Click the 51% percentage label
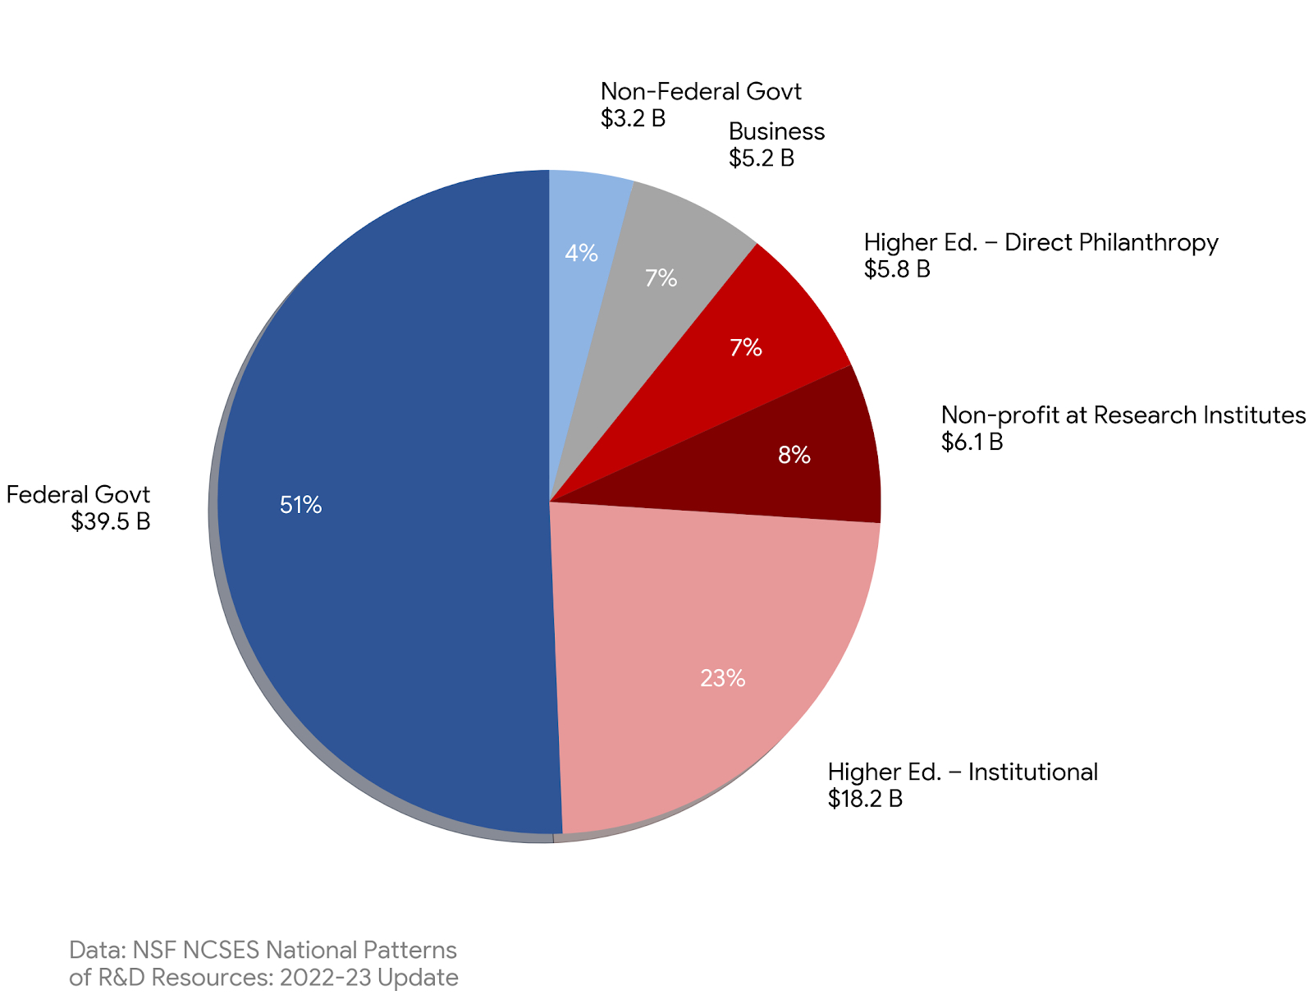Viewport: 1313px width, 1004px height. point(300,505)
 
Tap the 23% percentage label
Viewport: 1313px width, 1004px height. point(722,678)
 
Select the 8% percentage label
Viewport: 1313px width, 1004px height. point(794,455)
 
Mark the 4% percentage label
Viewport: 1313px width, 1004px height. point(581,253)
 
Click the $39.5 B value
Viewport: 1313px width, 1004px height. point(111,521)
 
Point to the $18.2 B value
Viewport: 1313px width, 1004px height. point(865,799)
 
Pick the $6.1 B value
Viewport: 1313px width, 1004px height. point(972,442)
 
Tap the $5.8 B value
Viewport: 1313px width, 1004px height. point(897,269)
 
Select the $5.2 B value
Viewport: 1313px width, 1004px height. point(762,158)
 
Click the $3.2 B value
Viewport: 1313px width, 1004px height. point(633,118)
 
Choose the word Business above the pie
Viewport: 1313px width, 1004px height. point(776,131)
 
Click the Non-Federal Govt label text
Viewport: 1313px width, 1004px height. point(701,91)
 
